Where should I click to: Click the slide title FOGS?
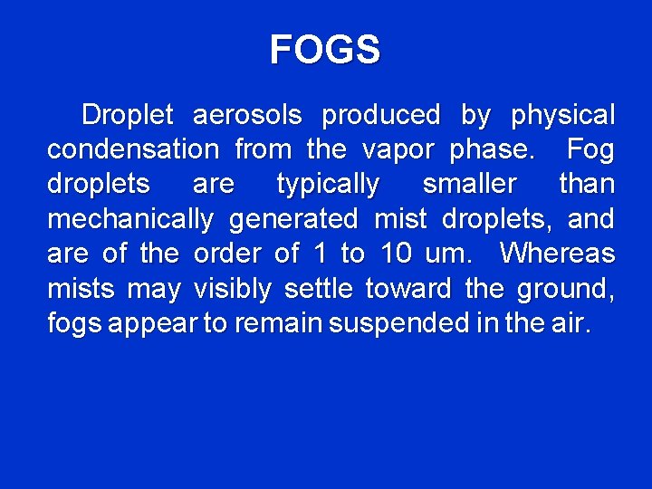pyautogui.click(x=325, y=50)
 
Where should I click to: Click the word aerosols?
pyautogui.click(x=247, y=116)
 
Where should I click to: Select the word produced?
pyautogui.click(x=380, y=116)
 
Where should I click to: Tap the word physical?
pyautogui.click(x=562, y=116)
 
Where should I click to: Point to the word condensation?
pyautogui.click(x=132, y=149)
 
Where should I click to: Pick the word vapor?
pyautogui.click(x=399, y=149)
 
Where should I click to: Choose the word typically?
pyautogui.click(x=328, y=185)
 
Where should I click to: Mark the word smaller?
pyautogui.click(x=469, y=185)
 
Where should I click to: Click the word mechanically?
pyautogui.click(x=129, y=220)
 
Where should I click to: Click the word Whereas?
pyautogui.click(x=557, y=254)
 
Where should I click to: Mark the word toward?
pyautogui.click(x=407, y=290)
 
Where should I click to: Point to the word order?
pyautogui.click(x=227, y=254)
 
